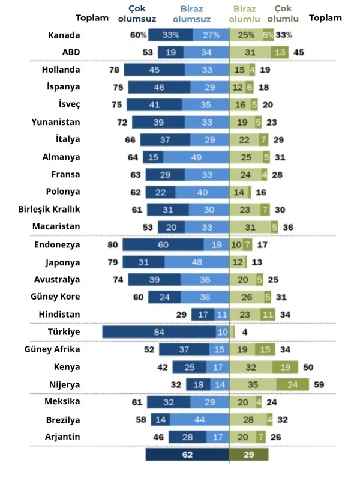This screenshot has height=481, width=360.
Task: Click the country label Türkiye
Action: click(x=64, y=332)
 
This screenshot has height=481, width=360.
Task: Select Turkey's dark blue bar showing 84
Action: click(x=159, y=332)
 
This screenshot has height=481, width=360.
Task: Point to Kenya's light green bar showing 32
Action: click(x=251, y=367)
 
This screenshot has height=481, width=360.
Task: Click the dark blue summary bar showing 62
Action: click(x=187, y=455)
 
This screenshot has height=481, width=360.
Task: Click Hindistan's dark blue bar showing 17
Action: click(x=203, y=314)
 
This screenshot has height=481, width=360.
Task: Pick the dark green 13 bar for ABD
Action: click(x=279, y=52)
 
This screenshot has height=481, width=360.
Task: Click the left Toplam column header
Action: click(x=92, y=18)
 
